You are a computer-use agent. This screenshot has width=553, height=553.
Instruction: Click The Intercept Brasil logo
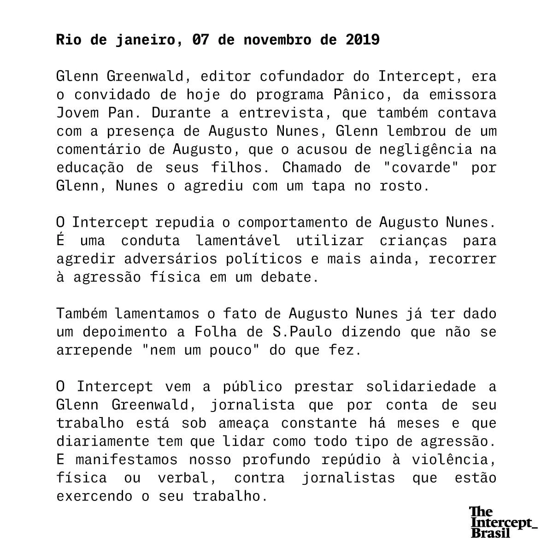click(x=502, y=522)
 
